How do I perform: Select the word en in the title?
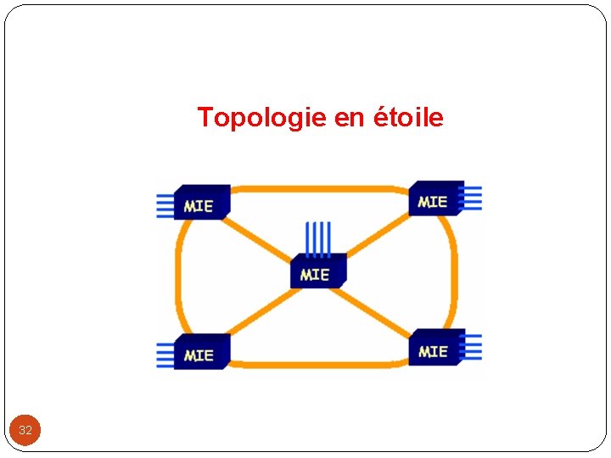(x=348, y=119)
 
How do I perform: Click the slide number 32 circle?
(x=25, y=430)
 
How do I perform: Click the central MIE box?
(x=317, y=272)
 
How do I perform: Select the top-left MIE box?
(x=200, y=204)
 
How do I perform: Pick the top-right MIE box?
(x=434, y=199)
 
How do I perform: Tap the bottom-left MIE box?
(x=200, y=352)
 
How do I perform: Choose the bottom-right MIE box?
(x=435, y=348)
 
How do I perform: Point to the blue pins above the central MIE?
(x=318, y=237)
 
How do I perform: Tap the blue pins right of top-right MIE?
(x=473, y=198)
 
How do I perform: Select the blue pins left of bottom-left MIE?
(x=165, y=355)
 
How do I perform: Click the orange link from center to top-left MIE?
(x=258, y=238)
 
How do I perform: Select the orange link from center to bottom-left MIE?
(x=258, y=313)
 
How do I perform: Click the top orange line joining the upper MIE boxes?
(x=318, y=188)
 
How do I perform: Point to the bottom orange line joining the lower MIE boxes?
(x=318, y=364)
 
